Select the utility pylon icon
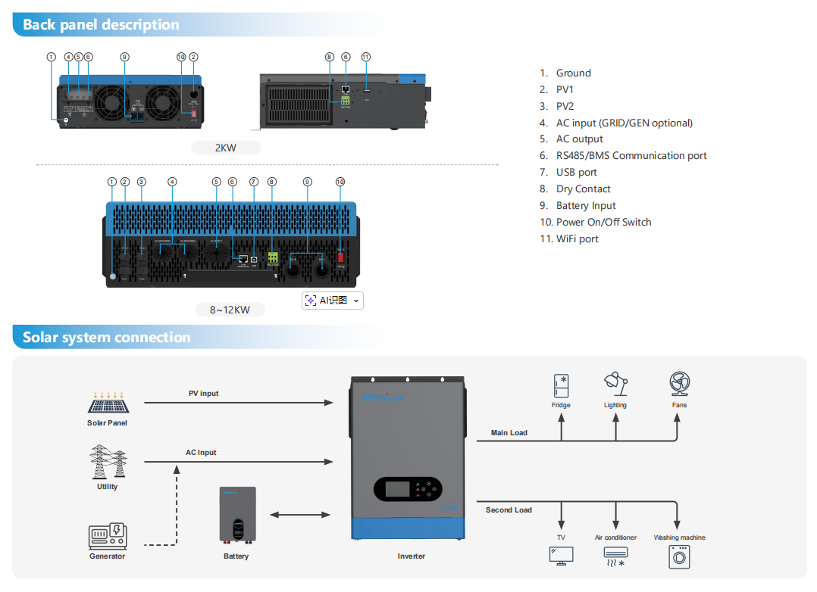[107, 461]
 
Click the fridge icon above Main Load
[561, 385]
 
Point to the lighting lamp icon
[615, 384]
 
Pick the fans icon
[679, 384]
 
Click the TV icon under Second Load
[561, 555]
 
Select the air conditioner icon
[615, 556]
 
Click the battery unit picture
[237, 516]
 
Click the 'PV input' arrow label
[204, 394]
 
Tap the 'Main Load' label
[509, 433]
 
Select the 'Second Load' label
[509, 510]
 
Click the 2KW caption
[226, 148]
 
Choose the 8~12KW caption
[230, 310]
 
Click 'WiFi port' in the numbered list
[577, 239]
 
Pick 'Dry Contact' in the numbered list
[583, 189]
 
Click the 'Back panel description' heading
[101, 25]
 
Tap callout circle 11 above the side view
[366, 57]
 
